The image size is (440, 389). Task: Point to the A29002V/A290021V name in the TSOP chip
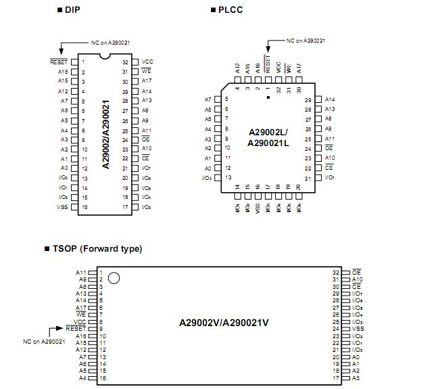point(224,323)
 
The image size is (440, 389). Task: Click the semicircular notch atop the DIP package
point(105,57)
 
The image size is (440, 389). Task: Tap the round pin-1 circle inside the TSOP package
point(115,277)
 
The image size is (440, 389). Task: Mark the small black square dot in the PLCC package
point(268,98)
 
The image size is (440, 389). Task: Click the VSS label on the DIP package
point(62,206)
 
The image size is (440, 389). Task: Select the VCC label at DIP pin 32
point(147,62)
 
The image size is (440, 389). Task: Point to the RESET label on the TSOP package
point(77,328)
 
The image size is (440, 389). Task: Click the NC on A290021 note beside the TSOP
point(43,342)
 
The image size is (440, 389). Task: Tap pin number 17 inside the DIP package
point(125,206)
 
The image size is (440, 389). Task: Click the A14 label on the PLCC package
point(330,99)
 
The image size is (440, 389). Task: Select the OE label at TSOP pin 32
point(357,272)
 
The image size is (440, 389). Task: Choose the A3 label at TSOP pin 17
point(356,378)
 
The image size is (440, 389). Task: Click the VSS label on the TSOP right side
point(358,328)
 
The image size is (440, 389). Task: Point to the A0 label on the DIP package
point(64,168)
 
